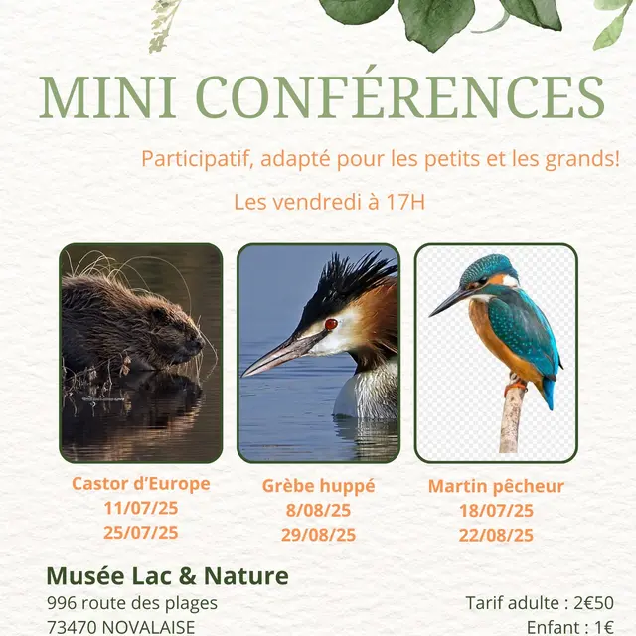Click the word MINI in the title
107,97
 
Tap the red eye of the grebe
331,324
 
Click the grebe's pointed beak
281,354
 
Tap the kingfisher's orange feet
515,387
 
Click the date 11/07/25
141,508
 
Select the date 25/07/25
141,533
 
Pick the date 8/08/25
318,510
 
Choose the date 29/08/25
318,535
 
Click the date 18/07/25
496,511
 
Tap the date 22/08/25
496,535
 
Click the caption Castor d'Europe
141,484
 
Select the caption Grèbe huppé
318,486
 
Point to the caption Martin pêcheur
496,486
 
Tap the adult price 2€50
594,603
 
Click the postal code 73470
73,627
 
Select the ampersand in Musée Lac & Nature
187,576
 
